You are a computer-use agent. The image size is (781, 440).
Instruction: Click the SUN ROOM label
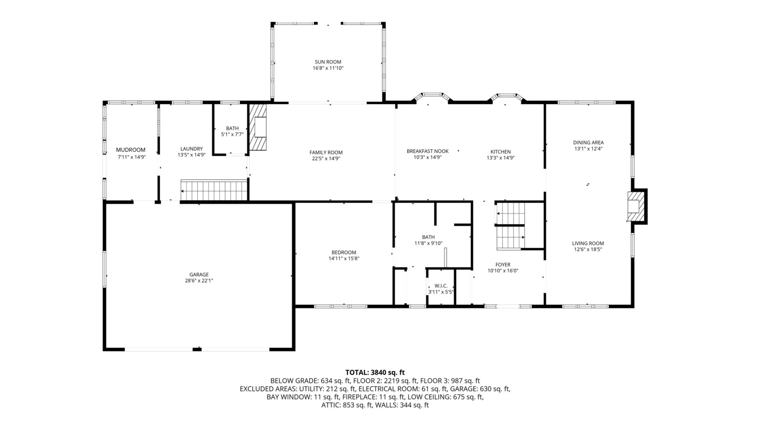[328, 62]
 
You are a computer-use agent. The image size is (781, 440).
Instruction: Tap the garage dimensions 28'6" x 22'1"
[199, 281]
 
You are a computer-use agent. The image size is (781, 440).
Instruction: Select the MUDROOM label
[131, 150]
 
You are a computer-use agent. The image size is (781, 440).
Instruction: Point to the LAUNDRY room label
[191, 149]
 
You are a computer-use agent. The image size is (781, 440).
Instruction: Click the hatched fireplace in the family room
[258, 127]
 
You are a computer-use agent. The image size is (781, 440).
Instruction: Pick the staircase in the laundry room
[214, 191]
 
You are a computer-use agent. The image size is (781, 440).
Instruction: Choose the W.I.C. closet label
[441, 286]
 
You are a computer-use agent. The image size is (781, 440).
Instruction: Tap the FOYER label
[503, 265]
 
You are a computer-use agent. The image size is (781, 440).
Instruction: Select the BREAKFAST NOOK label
[428, 151]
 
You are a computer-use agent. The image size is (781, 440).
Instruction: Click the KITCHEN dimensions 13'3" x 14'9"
[500, 158]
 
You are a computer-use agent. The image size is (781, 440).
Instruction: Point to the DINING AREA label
[588, 143]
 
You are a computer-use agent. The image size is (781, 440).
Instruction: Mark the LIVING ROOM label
[588, 244]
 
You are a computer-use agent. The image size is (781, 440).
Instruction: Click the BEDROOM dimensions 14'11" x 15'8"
[344, 259]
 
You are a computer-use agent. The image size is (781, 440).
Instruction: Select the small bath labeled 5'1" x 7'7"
[232, 131]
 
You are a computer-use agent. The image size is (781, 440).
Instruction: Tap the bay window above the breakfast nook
[432, 97]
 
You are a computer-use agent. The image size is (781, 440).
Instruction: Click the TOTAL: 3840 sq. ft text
[375, 372]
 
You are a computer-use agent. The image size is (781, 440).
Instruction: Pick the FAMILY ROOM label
[326, 153]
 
